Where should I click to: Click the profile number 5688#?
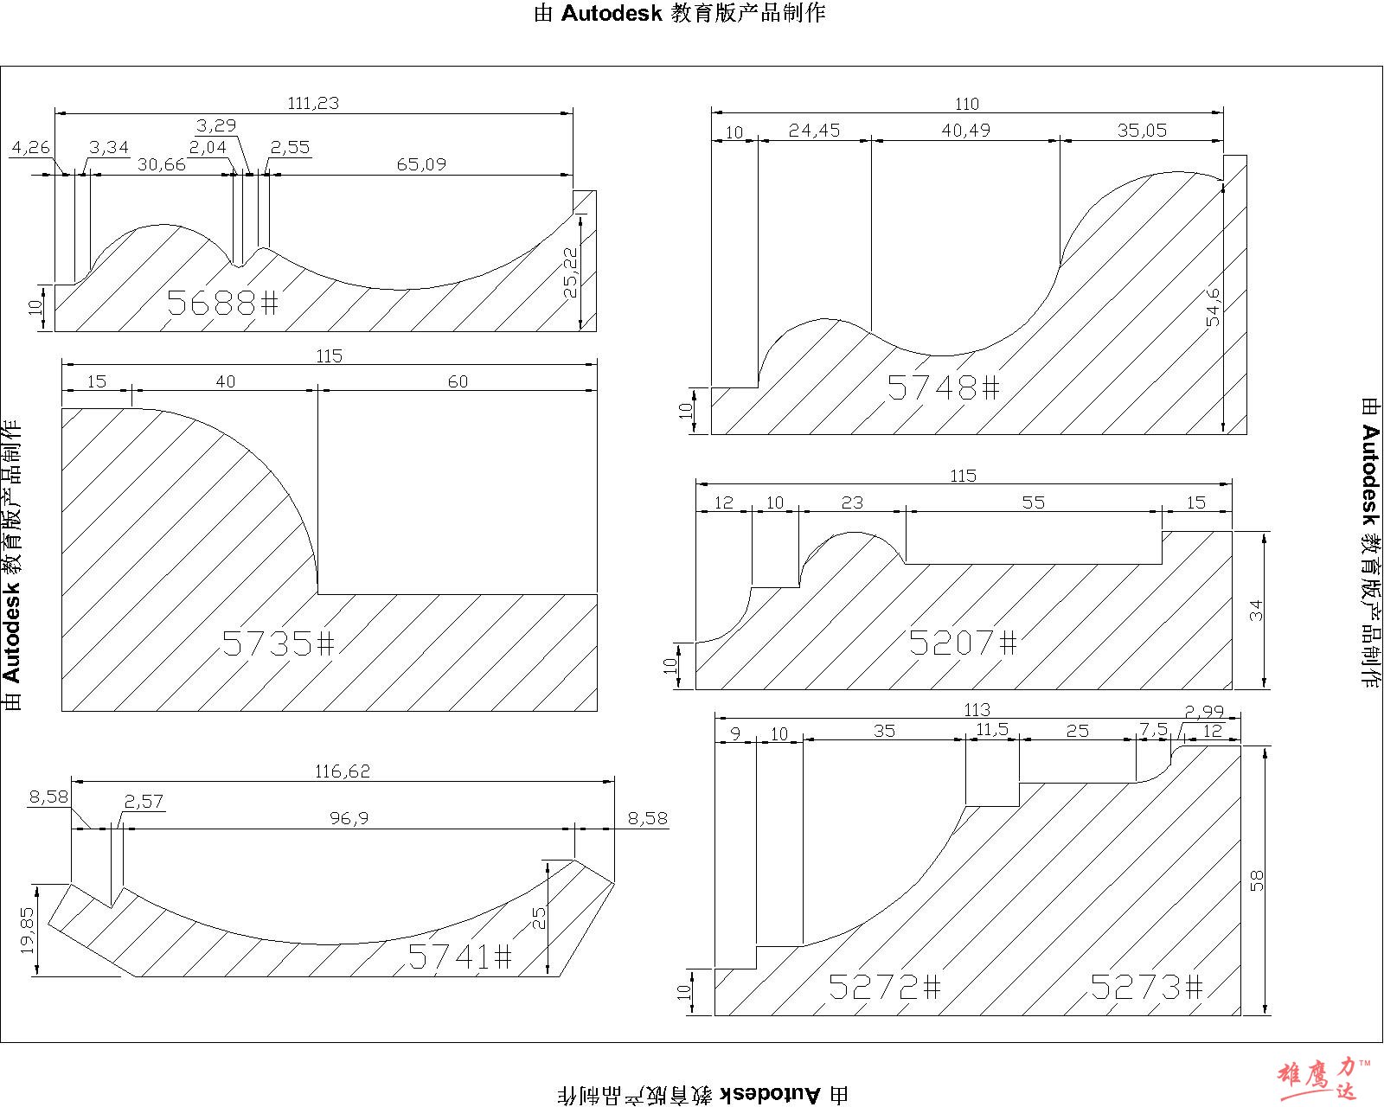tap(222, 303)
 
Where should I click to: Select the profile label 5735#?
tap(278, 643)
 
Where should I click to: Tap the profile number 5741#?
tap(460, 957)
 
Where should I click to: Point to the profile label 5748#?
tap(944, 387)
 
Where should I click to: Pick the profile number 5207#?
tap(963, 642)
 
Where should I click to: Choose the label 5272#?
tap(884, 987)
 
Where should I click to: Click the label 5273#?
tap(1147, 987)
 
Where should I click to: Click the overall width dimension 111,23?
tap(313, 103)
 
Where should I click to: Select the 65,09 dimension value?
tap(421, 164)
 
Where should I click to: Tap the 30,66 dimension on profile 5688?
tap(162, 164)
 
